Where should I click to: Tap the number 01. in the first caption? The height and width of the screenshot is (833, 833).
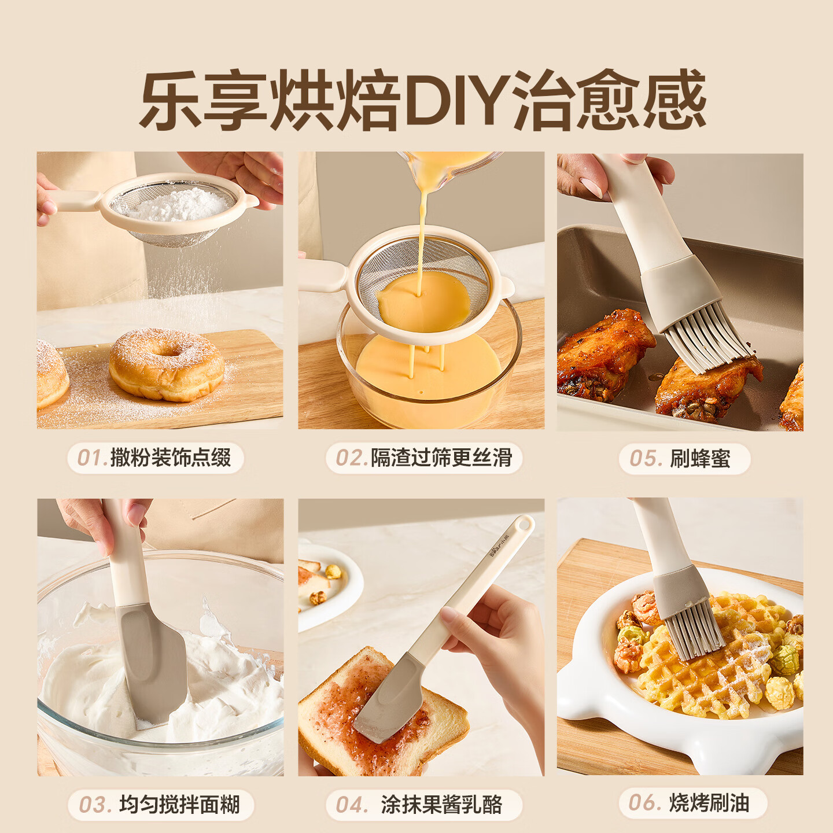[x=92, y=458]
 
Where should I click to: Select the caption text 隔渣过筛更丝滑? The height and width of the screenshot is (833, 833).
[x=441, y=458]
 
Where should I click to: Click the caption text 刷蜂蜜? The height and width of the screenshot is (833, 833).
[x=700, y=459]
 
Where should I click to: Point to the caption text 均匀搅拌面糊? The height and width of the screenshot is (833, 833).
[x=179, y=805]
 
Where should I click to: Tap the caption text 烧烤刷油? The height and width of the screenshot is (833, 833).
[x=709, y=803]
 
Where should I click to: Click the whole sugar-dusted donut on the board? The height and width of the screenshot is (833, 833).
[x=167, y=364]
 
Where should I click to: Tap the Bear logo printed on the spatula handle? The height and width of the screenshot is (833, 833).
[x=500, y=546]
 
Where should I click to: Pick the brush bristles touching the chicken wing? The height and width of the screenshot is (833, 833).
[x=707, y=337]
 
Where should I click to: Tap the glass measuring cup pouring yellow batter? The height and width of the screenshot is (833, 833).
[x=449, y=164]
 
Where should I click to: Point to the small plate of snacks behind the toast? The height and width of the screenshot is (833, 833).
[x=326, y=586]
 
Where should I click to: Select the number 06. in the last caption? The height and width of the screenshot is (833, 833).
[x=644, y=803]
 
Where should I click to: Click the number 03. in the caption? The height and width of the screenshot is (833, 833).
[x=95, y=805]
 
